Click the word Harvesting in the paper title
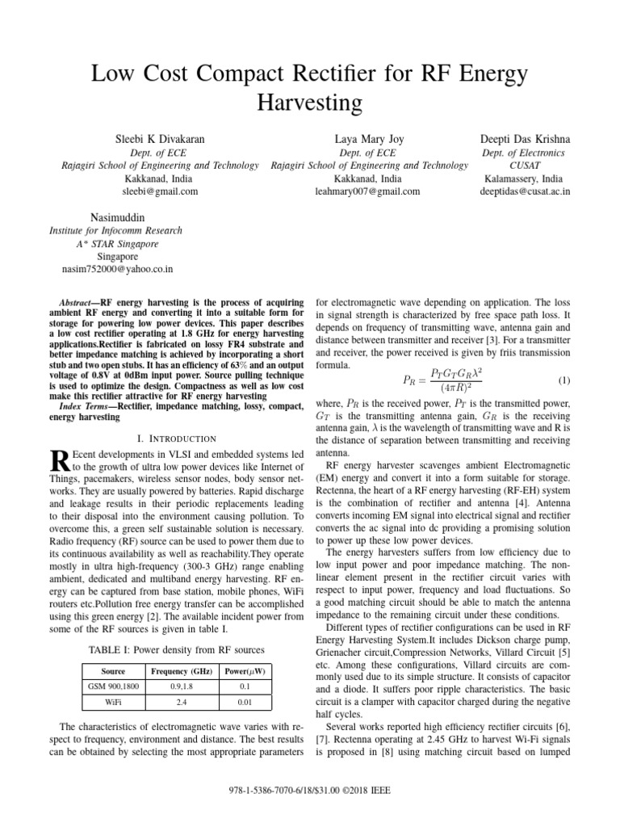pyautogui.click(x=309, y=103)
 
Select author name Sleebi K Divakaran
pyautogui.click(x=160, y=139)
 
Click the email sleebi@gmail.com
pyautogui.click(x=160, y=191)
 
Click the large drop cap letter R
pyautogui.click(x=59, y=462)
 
